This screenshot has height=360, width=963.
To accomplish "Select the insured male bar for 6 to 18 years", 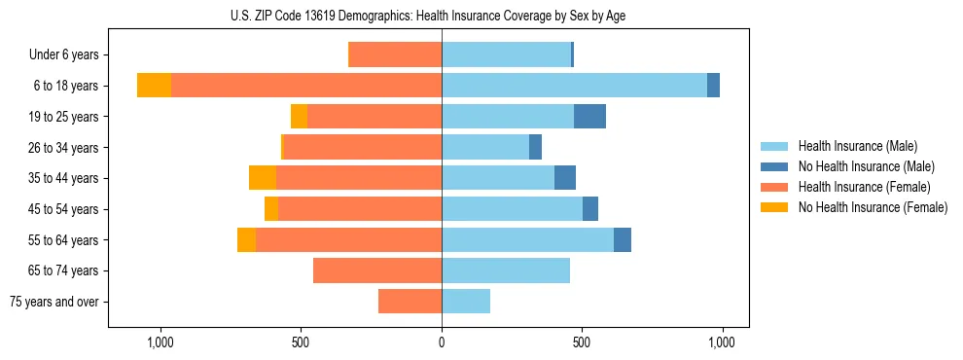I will [574, 86].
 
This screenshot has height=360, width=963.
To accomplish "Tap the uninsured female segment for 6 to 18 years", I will [154, 86].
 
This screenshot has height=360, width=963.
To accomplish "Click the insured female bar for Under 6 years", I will [395, 54].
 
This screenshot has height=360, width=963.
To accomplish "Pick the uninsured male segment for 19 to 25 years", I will [589, 117].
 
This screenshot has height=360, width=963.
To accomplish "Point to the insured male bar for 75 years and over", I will [466, 302].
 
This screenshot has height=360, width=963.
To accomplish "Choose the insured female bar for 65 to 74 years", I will [377, 270].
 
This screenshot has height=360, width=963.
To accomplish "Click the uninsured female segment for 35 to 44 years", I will [263, 178].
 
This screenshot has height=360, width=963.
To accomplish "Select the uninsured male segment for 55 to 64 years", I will [623, 239].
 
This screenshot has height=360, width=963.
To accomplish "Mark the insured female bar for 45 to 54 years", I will [360, 209].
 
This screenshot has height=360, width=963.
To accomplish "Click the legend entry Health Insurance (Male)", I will [857, 146].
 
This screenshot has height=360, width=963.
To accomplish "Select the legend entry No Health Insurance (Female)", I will [873, 207].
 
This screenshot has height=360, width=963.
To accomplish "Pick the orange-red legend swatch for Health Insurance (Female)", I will [774, 187].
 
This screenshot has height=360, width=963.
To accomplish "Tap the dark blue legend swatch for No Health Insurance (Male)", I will [774, 166].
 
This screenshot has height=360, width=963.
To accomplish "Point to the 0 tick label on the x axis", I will [442, 342].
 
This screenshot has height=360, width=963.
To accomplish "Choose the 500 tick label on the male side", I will [582, 342].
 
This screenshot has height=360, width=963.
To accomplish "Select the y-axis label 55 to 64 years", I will [63, 240].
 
